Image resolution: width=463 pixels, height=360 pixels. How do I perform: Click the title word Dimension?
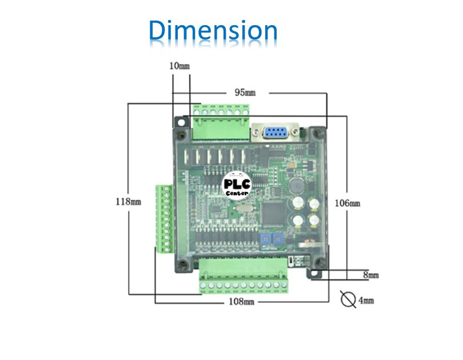(x=213, y=31)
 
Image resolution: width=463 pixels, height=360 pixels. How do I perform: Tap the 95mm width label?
(x=245, y=91)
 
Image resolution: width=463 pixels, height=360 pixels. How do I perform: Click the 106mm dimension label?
(x=348, y=203)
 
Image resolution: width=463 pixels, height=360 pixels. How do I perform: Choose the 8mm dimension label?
(x=371, y=275)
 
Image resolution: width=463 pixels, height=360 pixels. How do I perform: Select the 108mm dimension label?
(x=241, y=301)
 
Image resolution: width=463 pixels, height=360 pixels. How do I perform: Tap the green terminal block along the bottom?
(x=244, y=275)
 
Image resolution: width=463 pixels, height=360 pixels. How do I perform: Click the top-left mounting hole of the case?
(x=182, y=132)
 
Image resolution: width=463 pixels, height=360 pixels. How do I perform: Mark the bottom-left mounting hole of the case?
(x=182, y=263)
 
